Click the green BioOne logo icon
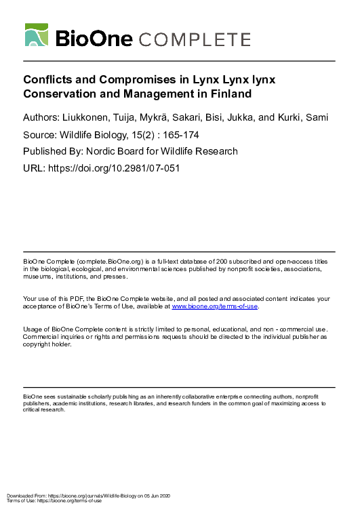click(x=37, y=35)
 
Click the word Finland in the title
click(x=229, y=94)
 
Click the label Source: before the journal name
click(x=40, y=135)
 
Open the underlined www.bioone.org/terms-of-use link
click(x=215, y=306)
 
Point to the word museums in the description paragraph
click(x=37, y=277)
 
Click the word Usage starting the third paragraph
click(x=33, y=329)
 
